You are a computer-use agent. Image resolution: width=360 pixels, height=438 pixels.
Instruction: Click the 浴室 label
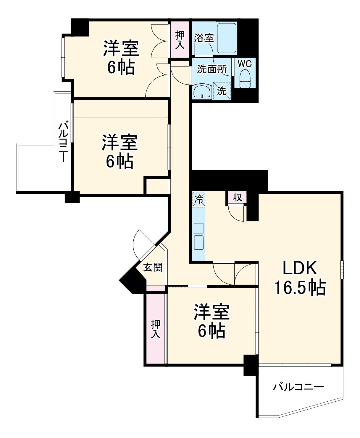click(204, 38)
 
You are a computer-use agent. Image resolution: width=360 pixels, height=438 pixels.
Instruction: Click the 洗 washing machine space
click(222, 91)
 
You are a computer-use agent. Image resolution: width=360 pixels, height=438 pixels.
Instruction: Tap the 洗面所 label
click(212, 69)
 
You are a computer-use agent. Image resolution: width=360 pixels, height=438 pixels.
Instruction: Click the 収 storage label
click(237, 197)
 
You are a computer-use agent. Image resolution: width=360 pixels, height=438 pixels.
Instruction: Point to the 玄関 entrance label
click(153, 267)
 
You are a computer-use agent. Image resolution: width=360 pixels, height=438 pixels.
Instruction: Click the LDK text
click(300, 268)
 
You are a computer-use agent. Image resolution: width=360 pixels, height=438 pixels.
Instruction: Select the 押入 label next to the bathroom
click(180, 39)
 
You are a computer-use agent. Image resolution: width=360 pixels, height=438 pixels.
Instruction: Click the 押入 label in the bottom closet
click(156, 329)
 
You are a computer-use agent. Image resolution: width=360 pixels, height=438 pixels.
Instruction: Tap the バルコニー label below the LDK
click(298, 387)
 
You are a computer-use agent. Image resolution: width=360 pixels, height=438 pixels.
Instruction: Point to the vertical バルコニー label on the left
click(63, 142)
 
